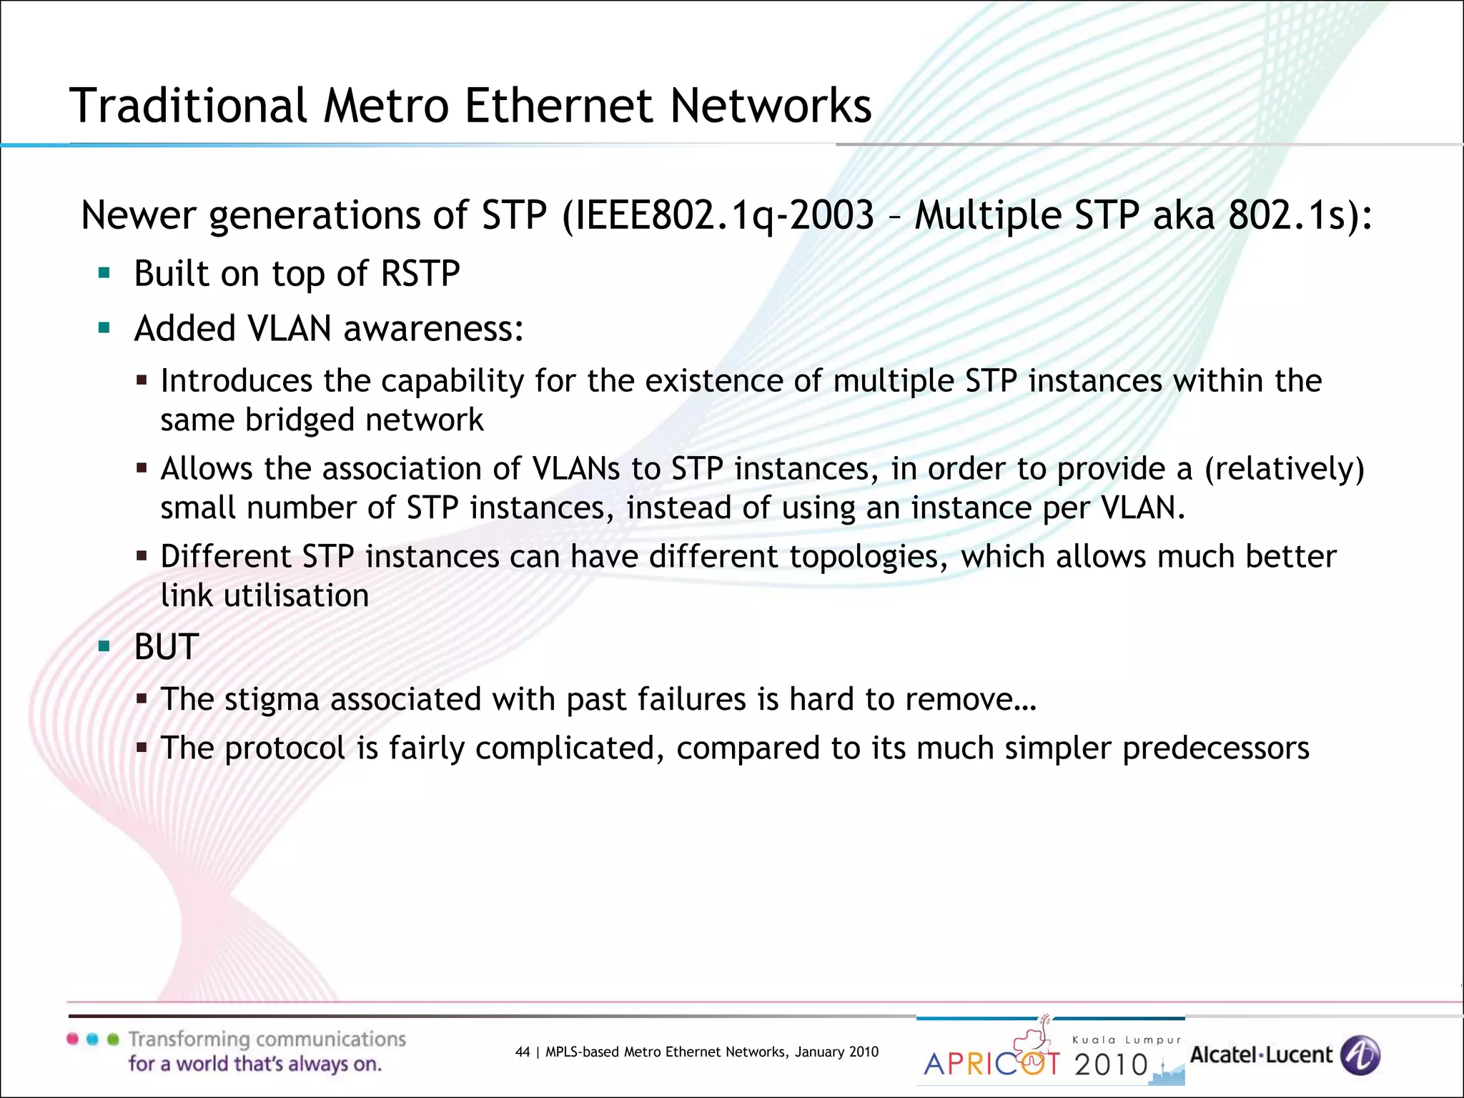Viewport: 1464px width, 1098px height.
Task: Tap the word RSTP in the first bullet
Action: click(x=420, y=274)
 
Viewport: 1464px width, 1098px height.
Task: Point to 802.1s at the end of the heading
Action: click(x=1286, y=215)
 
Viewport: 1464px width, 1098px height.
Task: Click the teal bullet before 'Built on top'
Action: click(x=104, y=272)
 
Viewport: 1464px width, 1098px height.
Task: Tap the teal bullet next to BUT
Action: click(x=104, y=646)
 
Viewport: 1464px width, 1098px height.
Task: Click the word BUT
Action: click(x=166, y=647)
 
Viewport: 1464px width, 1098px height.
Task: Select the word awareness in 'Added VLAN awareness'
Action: click(x=434, y=329)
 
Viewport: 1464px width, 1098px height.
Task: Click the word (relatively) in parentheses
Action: click(x=1285, y=469)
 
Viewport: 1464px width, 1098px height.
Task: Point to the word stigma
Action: click(x=272, y=700)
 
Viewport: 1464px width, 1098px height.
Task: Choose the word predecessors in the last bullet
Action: click(x=1216, y=748)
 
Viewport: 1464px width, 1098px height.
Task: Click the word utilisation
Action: click(x=296, y=596)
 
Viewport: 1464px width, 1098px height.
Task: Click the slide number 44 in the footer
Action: click(x=523, y=1052)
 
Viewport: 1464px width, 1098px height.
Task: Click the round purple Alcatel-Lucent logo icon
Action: click(x=1360, y=1055)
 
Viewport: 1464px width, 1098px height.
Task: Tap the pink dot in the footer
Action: click(x=72, y=1039)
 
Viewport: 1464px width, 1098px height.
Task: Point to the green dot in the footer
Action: click(x=112, y=1039)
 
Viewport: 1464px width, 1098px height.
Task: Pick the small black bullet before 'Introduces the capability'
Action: click(x=142, y=381)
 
